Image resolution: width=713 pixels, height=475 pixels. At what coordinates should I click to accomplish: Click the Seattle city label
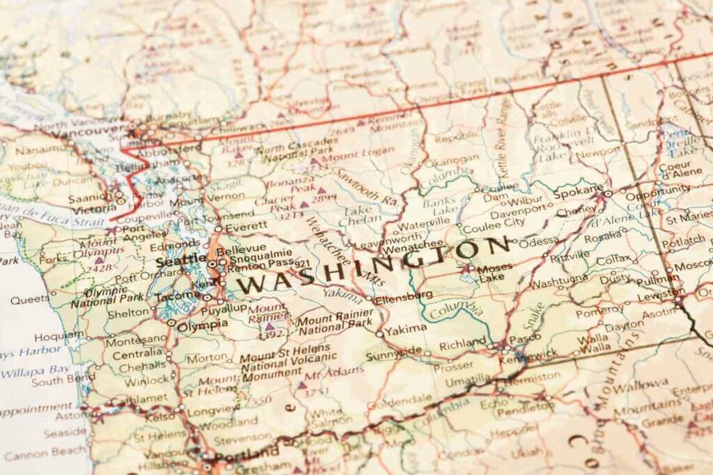click(180, 261)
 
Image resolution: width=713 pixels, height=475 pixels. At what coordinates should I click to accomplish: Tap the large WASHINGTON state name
click(376, 265)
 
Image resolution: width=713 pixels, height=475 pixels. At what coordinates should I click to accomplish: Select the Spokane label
click(579, 190)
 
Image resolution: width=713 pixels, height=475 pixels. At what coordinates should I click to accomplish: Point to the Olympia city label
click(203, 325)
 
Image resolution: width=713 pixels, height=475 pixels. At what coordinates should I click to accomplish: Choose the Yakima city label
click(405, 328)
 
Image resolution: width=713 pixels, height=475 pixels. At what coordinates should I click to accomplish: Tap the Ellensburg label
click(403, 296)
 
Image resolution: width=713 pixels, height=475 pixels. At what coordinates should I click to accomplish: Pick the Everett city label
click(245, 225)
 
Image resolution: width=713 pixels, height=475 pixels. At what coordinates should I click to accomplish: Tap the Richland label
click(462, 342)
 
